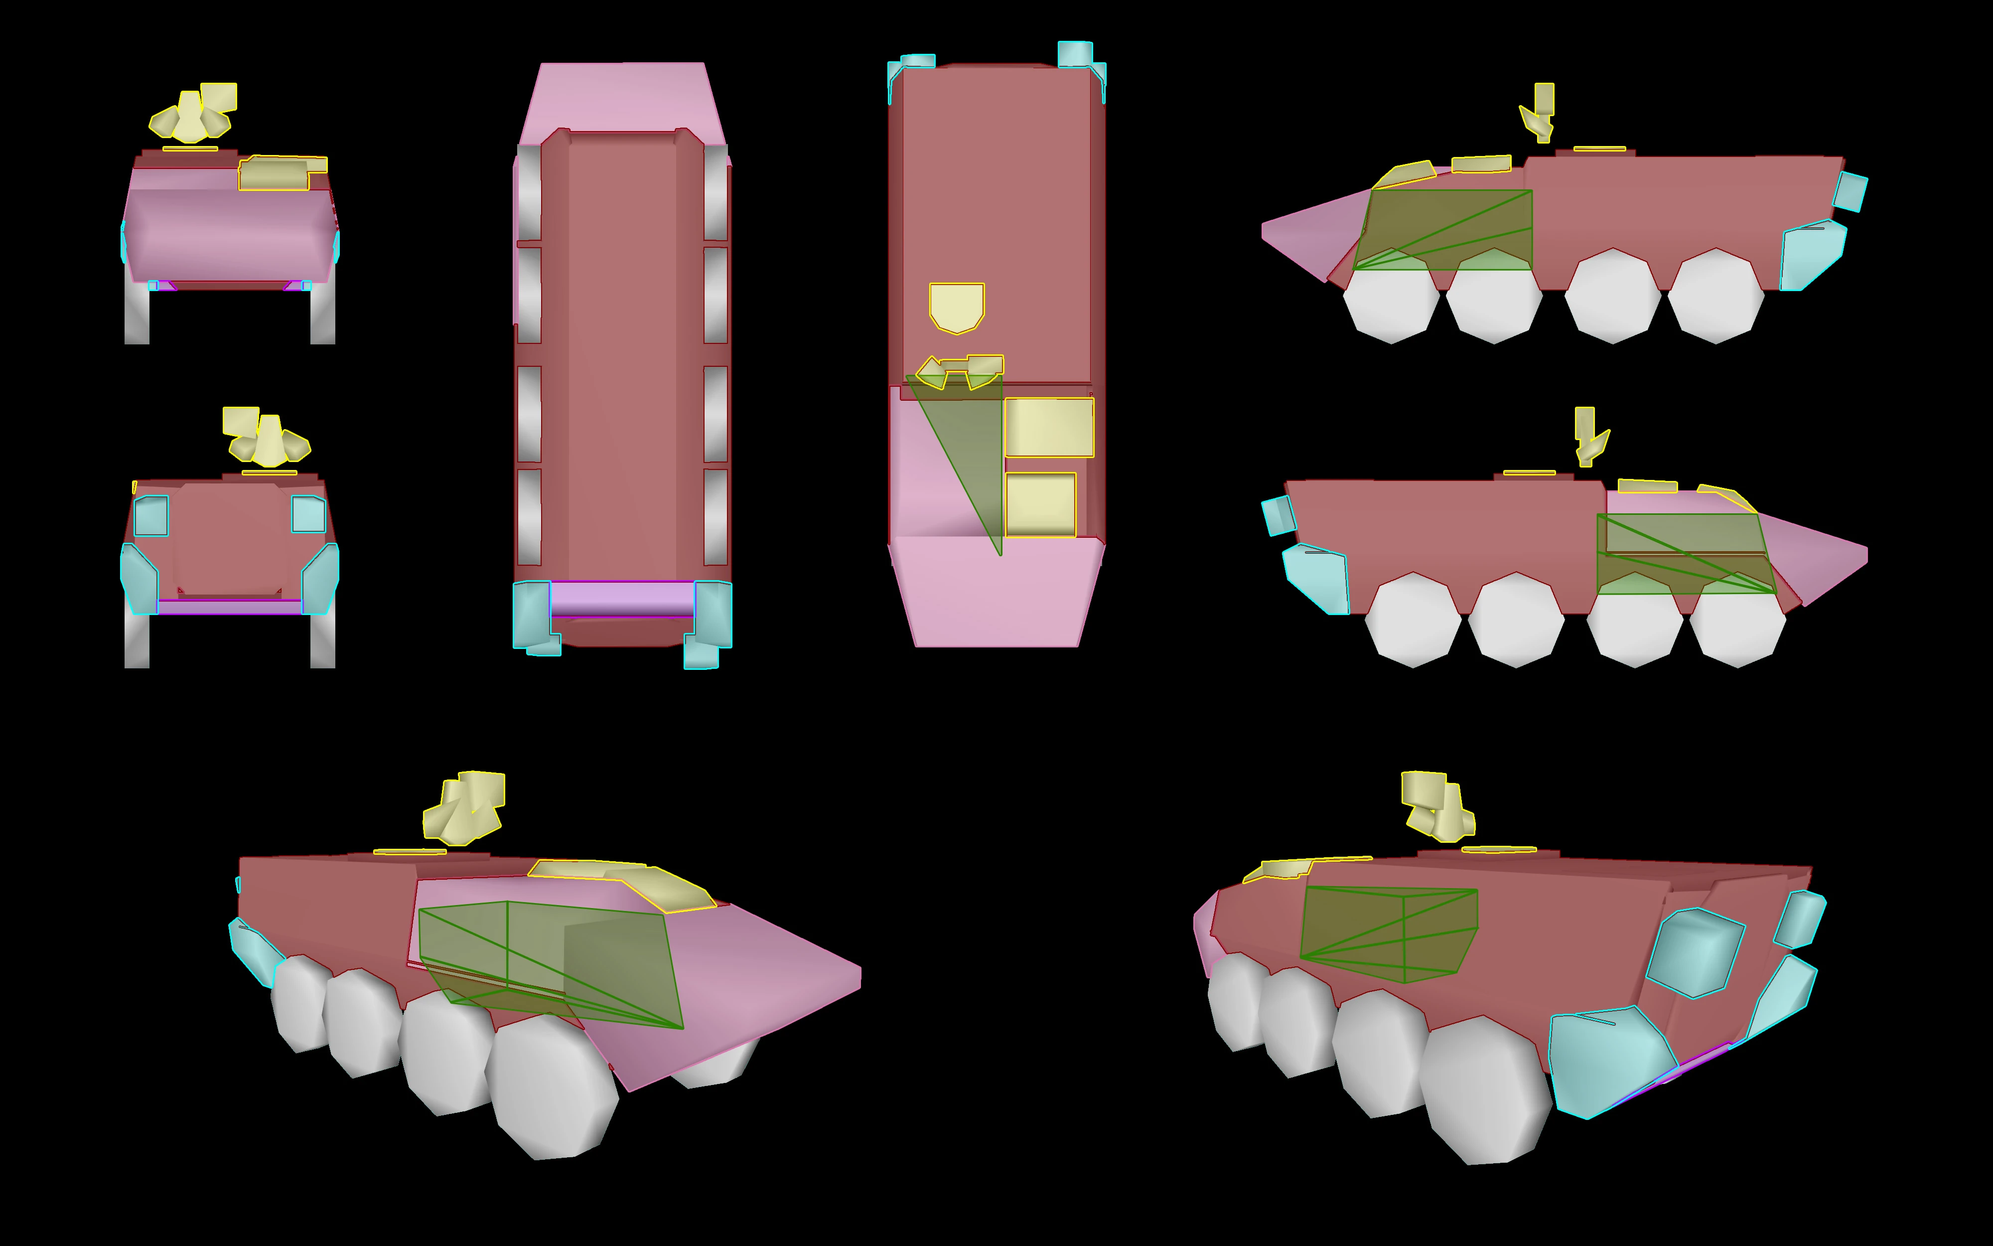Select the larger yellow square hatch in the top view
coord(1048,427)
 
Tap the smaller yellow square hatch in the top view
coord(1040,504)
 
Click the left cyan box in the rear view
coord(150,515)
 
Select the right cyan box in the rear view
coord(308,513)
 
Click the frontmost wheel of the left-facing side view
coord(1391,297)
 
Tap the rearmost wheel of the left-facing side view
coord(1715,297)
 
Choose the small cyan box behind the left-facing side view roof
coord(1850,191)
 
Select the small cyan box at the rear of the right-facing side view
coord(1278,515)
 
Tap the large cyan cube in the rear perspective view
coord(1695,952)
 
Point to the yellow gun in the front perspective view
coord(463,807)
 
